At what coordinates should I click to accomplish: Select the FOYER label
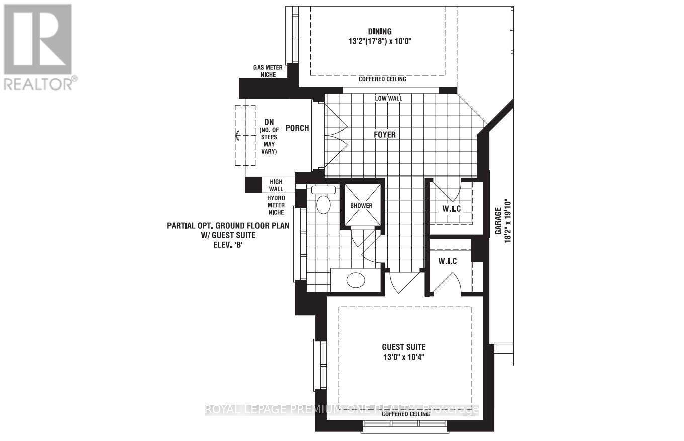pyautogui.click(x=384, y=135)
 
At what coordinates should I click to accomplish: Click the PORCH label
pyautogui.click(x=297, y=128)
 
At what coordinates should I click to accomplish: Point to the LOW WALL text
pyautogui.click(x=388, y=98)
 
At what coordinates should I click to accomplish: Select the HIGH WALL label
pyautogui.click(x=276, y=185)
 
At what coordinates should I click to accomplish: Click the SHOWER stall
pyautogui.click(x=362, y=205)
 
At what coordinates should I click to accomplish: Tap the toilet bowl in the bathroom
pyautogui.click(x=323, y=205)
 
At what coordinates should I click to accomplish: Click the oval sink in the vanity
pyautogui.click(x=357, y=280)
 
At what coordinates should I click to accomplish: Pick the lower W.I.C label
pyautogui.click(x=447, y=261)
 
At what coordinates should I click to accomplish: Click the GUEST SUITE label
pyautogui.click(x=403, y=347)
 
